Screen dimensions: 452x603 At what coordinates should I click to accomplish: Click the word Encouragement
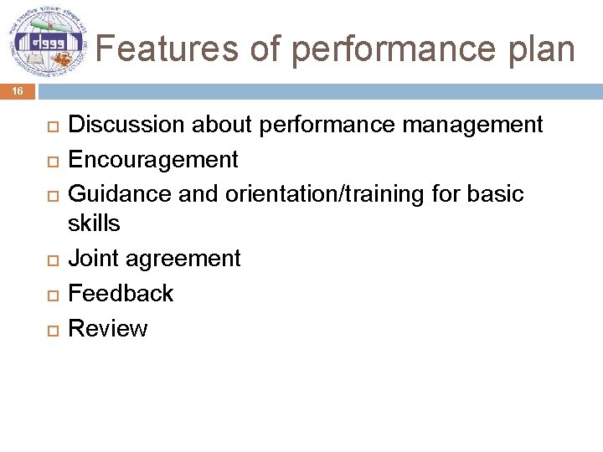pos(153,159)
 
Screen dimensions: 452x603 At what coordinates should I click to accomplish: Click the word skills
pos(94,223)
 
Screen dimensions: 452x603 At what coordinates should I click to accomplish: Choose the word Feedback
pos(121,293)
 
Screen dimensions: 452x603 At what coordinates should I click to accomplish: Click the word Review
pos(107,328)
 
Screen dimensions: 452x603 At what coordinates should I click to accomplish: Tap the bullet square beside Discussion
pos(50,126)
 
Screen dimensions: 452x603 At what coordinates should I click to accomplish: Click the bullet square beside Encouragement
pos(50,161)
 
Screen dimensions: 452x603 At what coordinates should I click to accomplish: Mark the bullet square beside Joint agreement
pos(50,260)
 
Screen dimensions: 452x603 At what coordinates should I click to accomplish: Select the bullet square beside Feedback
pos(50,295)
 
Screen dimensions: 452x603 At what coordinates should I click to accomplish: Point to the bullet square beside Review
pos(50,330)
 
